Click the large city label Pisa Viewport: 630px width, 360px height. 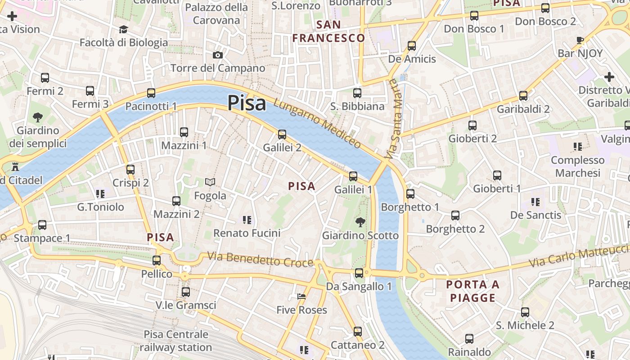pyautogui.click(x=247, y=103)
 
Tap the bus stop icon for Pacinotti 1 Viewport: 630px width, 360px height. pyautogui.click(x=151, y=93)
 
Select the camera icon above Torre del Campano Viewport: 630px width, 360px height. pyautogui.click(x=218, y=55)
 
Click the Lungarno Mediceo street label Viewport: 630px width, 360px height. pyautogui.click(x=318, y=124)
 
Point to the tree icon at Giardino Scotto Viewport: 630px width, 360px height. pyautogui.click(x=360, y=222)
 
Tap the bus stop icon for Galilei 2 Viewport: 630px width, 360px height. pyautogui.click(x=282, y=134)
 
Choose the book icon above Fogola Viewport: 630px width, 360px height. pyautogui.click(x=210, y=182)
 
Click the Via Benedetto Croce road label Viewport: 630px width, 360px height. pyautogui.click(x=260, y=259)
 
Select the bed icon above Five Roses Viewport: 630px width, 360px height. pyautogui.click(x=301, y=297)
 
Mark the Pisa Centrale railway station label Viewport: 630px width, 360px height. pyautogui.click(x=176, y=341)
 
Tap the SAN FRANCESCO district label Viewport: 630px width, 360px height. pyautogui.click(x=328, y=31)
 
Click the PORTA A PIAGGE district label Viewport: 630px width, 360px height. pyautogui.click(x=473, y=291)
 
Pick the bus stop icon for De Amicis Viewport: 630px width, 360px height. pyautogui.click(x=412, y=46)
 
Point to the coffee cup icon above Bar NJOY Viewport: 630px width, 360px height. pyautogui.click(x=580, y=40)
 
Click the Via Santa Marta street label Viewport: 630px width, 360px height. pyautogui.click(x=393, y=119)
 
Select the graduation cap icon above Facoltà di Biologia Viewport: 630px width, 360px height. pyautogui.click(x=123, y=30)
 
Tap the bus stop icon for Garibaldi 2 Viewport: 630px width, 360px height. pyautogui.click(x=523, y=96)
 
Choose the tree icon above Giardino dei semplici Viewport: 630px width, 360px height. pyautogui.click(x=38, y=118)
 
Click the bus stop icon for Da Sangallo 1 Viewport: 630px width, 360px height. pyautogui.click(x=359, y=273)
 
